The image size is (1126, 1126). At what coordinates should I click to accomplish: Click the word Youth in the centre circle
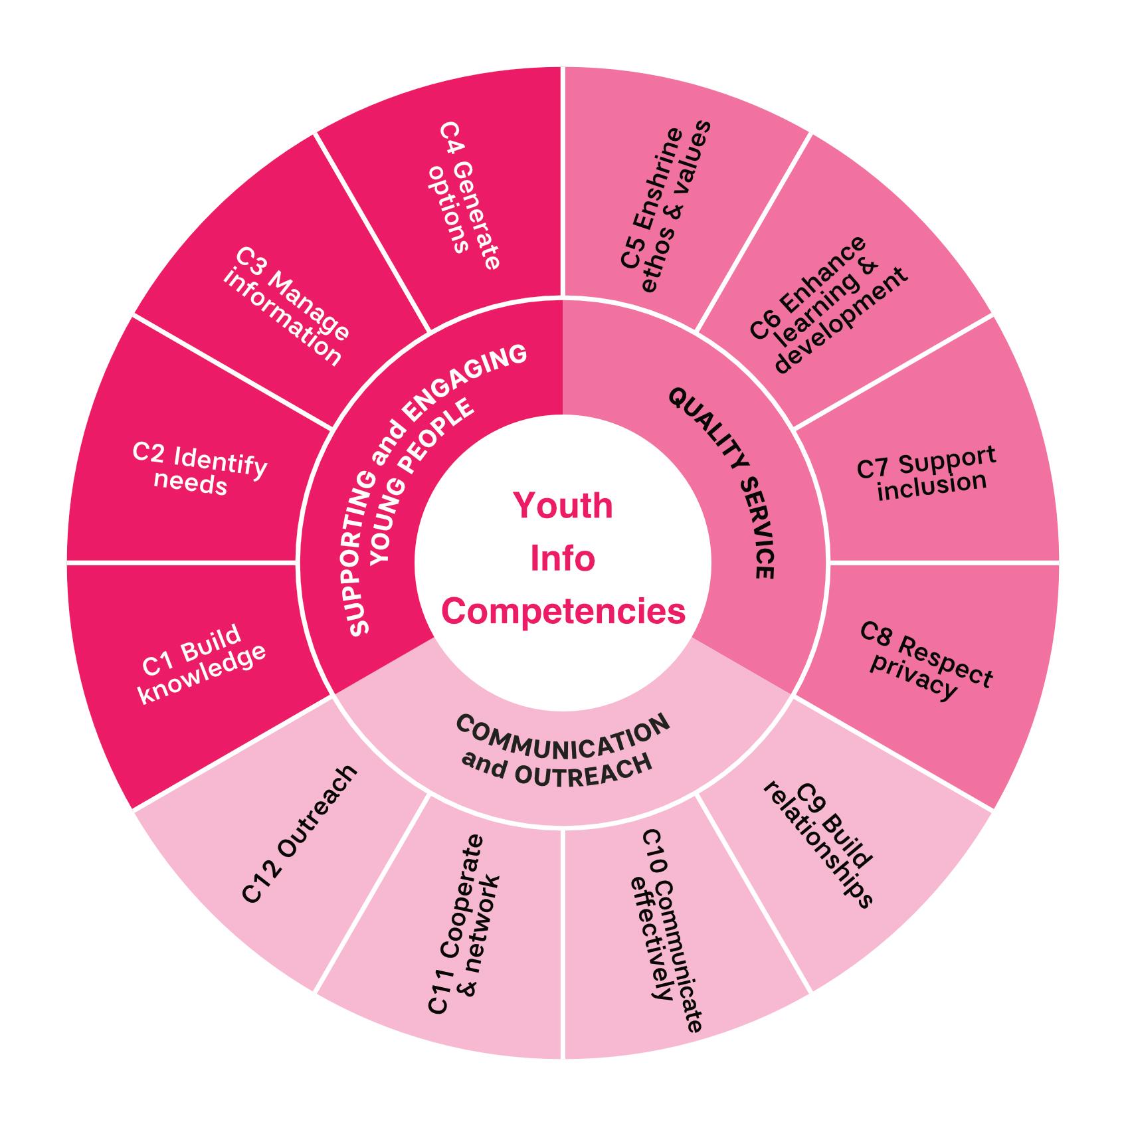[563, 506]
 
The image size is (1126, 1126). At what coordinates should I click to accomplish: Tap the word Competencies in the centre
[563, 612]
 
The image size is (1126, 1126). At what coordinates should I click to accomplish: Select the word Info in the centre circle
[563, 559]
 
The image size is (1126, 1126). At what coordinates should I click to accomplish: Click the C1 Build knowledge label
[203, 665]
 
